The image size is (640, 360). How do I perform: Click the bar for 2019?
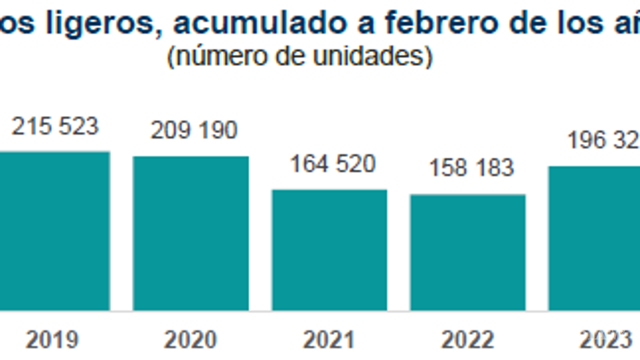coord(54,231)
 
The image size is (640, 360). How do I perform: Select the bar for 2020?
coord(191,233)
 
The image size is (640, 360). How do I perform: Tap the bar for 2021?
coord(329,250)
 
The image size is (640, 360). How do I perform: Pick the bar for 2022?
coord(468,252)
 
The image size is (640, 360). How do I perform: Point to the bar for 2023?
coord(594,238)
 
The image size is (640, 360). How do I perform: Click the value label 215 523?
coord(55,127)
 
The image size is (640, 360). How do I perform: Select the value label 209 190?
coord(194,131)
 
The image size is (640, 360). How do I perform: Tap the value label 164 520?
coord(333,164)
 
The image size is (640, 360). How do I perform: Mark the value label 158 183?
coord(472,168)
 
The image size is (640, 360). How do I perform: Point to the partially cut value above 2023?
coord(603,141)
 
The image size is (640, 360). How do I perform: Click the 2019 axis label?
coord(52,339)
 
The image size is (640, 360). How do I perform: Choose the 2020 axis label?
coord(191,339)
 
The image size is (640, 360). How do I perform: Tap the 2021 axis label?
coord(329,339)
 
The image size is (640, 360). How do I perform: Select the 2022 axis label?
coord(468,339)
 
